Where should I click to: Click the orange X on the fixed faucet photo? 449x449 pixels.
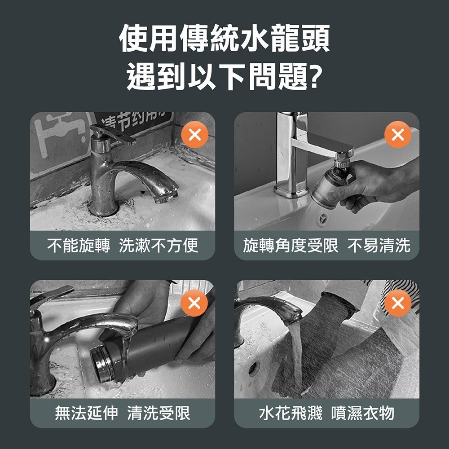tap(195, 135)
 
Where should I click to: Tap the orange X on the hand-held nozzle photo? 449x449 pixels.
tap(398, 134)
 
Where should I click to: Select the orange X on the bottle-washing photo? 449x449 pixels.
tap(194, 303)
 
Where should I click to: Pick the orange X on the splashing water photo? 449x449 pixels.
tap(398, 303)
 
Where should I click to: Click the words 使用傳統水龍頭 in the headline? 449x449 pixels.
tap(224, 38)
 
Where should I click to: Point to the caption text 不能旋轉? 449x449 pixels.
tap(79, 246)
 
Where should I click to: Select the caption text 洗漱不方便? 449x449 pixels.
tap(158, 246)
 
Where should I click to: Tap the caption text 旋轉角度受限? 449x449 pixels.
tap(291, 246)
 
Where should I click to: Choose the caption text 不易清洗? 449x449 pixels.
tap(379, 246)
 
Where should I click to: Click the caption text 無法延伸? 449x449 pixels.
tap(86, 413)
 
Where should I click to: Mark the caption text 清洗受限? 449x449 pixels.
tap(158, 413)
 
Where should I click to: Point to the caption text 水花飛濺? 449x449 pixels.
tap(291, 413)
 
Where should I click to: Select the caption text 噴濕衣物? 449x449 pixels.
tap(362, 413)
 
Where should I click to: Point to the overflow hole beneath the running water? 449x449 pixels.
tap(254, 369)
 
